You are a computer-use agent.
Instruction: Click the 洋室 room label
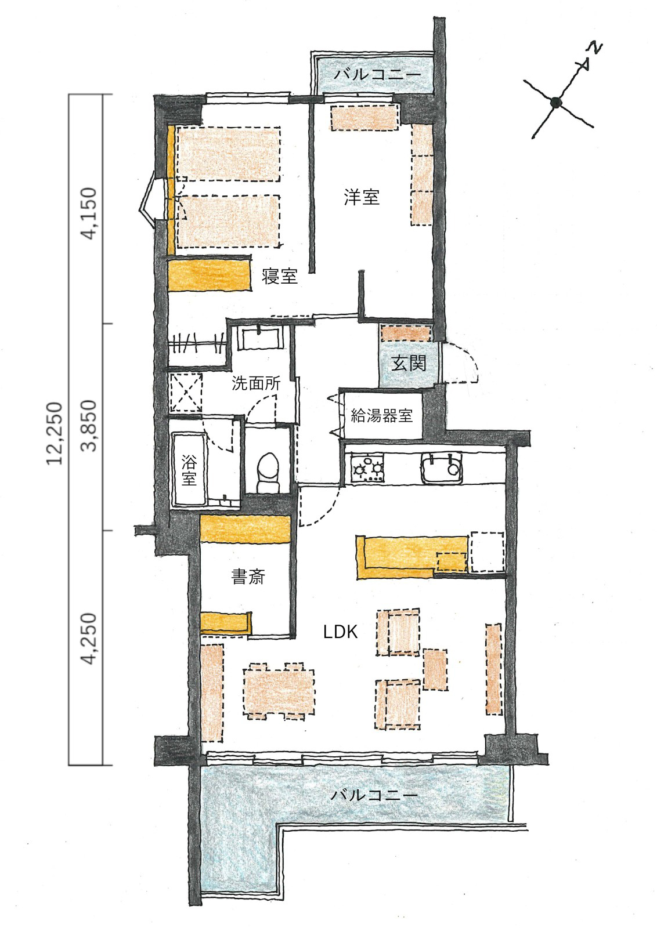point(362,197)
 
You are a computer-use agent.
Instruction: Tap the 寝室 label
point(279,276)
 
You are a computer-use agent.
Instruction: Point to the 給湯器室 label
point(381,415)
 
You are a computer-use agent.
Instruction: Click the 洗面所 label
point(256,383)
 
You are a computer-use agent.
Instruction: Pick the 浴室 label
point(189,470)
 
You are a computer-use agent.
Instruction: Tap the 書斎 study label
point(248,577)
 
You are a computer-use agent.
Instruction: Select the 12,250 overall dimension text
point(55,433)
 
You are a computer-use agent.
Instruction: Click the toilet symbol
point(268,472)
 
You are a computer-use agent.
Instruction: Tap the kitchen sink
point(442,467)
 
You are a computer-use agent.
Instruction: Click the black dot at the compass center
point(556,101)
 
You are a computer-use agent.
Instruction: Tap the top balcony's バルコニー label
point(378,75)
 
